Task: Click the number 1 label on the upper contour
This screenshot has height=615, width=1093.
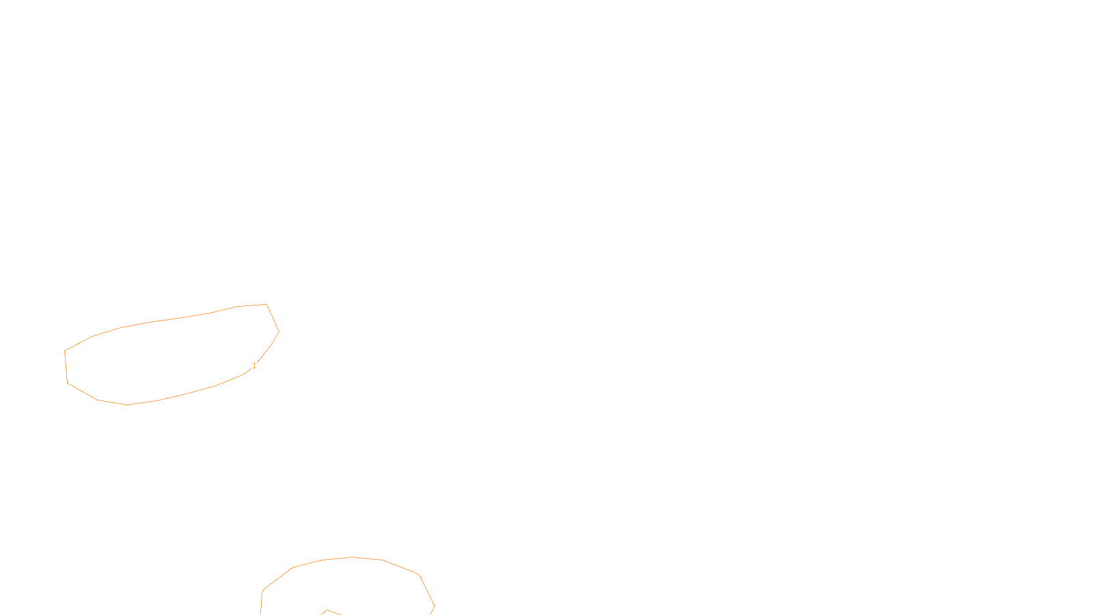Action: coord(254,366)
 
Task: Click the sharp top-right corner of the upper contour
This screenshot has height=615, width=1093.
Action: coord(266,305)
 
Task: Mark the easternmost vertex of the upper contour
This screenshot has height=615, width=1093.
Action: coord(279,331)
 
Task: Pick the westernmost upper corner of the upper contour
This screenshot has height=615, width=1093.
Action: coord(65,351)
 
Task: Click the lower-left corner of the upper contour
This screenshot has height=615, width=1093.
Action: coord(68,383)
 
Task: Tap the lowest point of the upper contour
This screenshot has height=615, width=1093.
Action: coord(127,405)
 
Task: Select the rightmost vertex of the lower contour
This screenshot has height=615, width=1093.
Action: coord(434,606)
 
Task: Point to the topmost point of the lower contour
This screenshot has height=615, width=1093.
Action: coord(352,558)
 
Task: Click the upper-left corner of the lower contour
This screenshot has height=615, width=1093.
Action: coord(263,591)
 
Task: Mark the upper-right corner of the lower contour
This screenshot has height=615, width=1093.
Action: coord(419,575)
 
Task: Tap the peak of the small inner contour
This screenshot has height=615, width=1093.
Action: coord(327,610)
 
